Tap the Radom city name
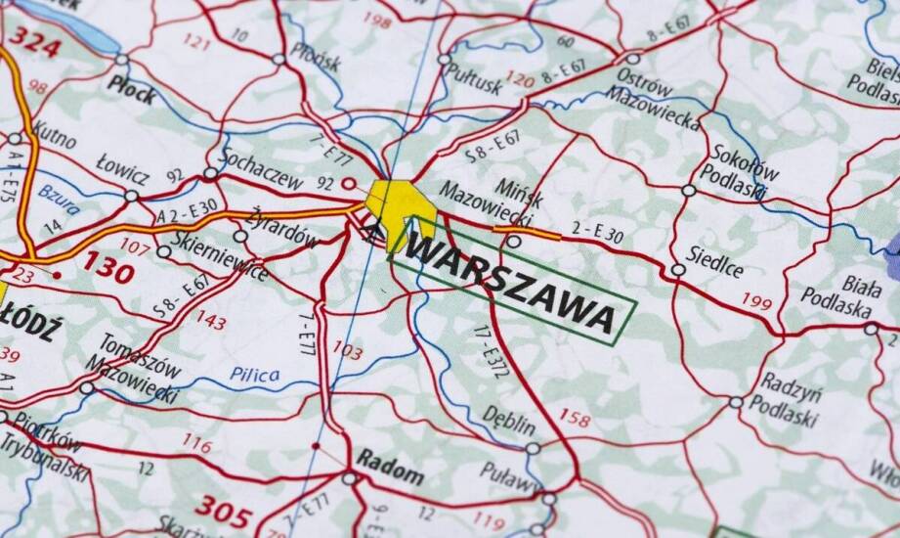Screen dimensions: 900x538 tap(390, 467)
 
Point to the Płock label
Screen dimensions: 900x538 tap(131, 85)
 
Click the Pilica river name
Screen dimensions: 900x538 tap(254, 375)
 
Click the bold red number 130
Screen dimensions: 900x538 tap(107, 266)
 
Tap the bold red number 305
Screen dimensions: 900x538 tap(223, 508)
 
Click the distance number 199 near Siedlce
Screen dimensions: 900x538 tap(755, 300)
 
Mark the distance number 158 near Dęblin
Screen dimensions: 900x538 tap(575, 418)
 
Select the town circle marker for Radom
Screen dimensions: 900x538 tap(349, 478)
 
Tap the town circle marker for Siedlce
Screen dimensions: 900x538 tap(677, 270)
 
